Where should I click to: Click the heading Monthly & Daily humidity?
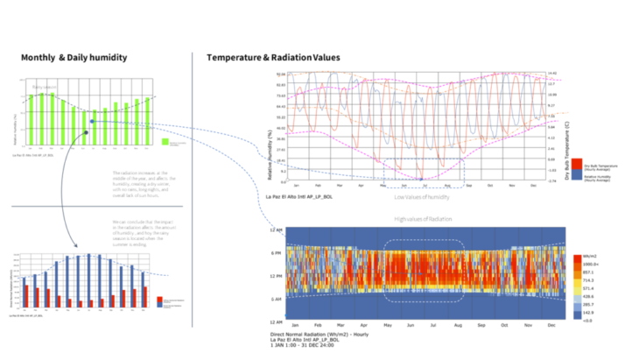(74, 58)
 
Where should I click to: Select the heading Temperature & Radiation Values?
(273, 58)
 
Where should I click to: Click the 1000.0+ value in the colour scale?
(591, 263)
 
